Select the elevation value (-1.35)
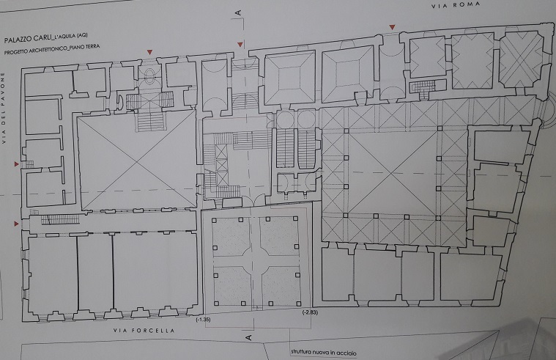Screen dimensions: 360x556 [204, 320]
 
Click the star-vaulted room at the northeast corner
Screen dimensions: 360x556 [522, 61]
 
